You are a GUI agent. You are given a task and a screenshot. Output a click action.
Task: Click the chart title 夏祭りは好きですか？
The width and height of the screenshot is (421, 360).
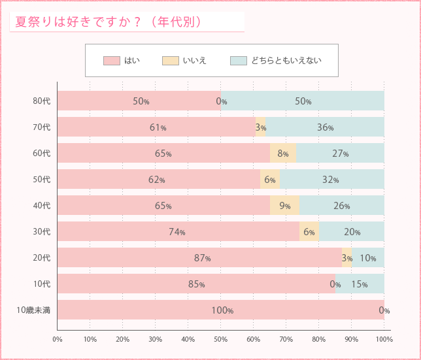(109, 22)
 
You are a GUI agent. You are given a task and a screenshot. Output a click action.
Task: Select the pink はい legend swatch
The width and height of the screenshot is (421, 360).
(111, 61)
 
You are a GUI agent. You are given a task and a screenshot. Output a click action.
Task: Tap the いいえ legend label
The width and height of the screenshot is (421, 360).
(194, 61)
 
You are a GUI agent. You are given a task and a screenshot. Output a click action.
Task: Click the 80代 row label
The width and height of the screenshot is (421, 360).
(41, 101)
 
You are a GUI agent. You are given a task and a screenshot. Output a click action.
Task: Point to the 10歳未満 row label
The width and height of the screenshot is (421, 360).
(33, 310)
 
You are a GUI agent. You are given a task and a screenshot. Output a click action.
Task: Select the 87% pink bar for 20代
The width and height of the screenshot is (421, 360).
(199, 258)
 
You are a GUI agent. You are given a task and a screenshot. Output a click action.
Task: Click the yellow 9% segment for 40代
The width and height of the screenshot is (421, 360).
(284, 206)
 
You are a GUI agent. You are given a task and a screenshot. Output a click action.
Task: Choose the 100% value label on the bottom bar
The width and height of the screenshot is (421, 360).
(222, 310)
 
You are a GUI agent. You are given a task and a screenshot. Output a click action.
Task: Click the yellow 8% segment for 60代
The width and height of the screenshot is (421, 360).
(283, 154)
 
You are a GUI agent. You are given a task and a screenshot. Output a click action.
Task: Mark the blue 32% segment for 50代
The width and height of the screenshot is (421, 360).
(331, 180)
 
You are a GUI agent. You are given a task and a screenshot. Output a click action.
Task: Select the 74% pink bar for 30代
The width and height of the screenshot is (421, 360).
(178, 232)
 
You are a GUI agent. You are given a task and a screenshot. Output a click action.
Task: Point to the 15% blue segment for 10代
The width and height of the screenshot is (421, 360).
(360, 284)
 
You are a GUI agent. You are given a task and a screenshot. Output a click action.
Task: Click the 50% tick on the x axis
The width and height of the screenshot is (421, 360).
(220, 339)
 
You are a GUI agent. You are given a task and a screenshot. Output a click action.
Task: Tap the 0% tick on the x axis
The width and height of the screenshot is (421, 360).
(58, 339)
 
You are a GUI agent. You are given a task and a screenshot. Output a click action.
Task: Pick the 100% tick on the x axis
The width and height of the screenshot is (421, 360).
(384, 339)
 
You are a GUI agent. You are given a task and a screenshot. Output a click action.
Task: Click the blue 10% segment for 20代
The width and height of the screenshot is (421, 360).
(368, 258)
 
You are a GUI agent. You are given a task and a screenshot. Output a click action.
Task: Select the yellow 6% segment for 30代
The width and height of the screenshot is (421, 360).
(309, 232)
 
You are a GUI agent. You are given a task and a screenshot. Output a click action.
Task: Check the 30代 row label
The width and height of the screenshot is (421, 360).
(41, 232)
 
